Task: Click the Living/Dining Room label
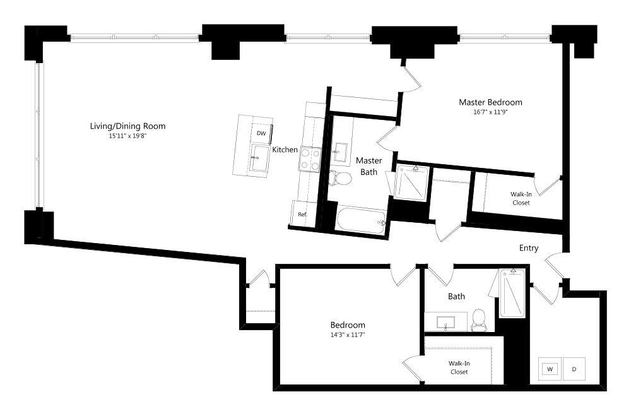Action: tap(127, 126)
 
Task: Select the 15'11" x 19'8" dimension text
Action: tap(127, 136)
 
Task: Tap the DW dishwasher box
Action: tap(261, 134)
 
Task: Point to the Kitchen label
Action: tap(285, 150)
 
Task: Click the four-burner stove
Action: tap(310, 158)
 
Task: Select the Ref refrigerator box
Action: tap(302, 215)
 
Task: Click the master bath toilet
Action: tap(341, 179)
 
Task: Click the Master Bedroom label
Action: tap(490, 102)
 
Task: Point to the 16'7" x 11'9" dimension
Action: tap(490, 112)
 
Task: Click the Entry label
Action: tap(529, 248)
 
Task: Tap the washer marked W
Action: tap(550, 369)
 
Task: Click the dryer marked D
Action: tap(574, 369)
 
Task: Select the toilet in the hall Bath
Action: tap(480, 320)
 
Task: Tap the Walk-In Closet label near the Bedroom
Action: tap(459, 367)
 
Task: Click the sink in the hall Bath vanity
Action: tap(446, 322)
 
